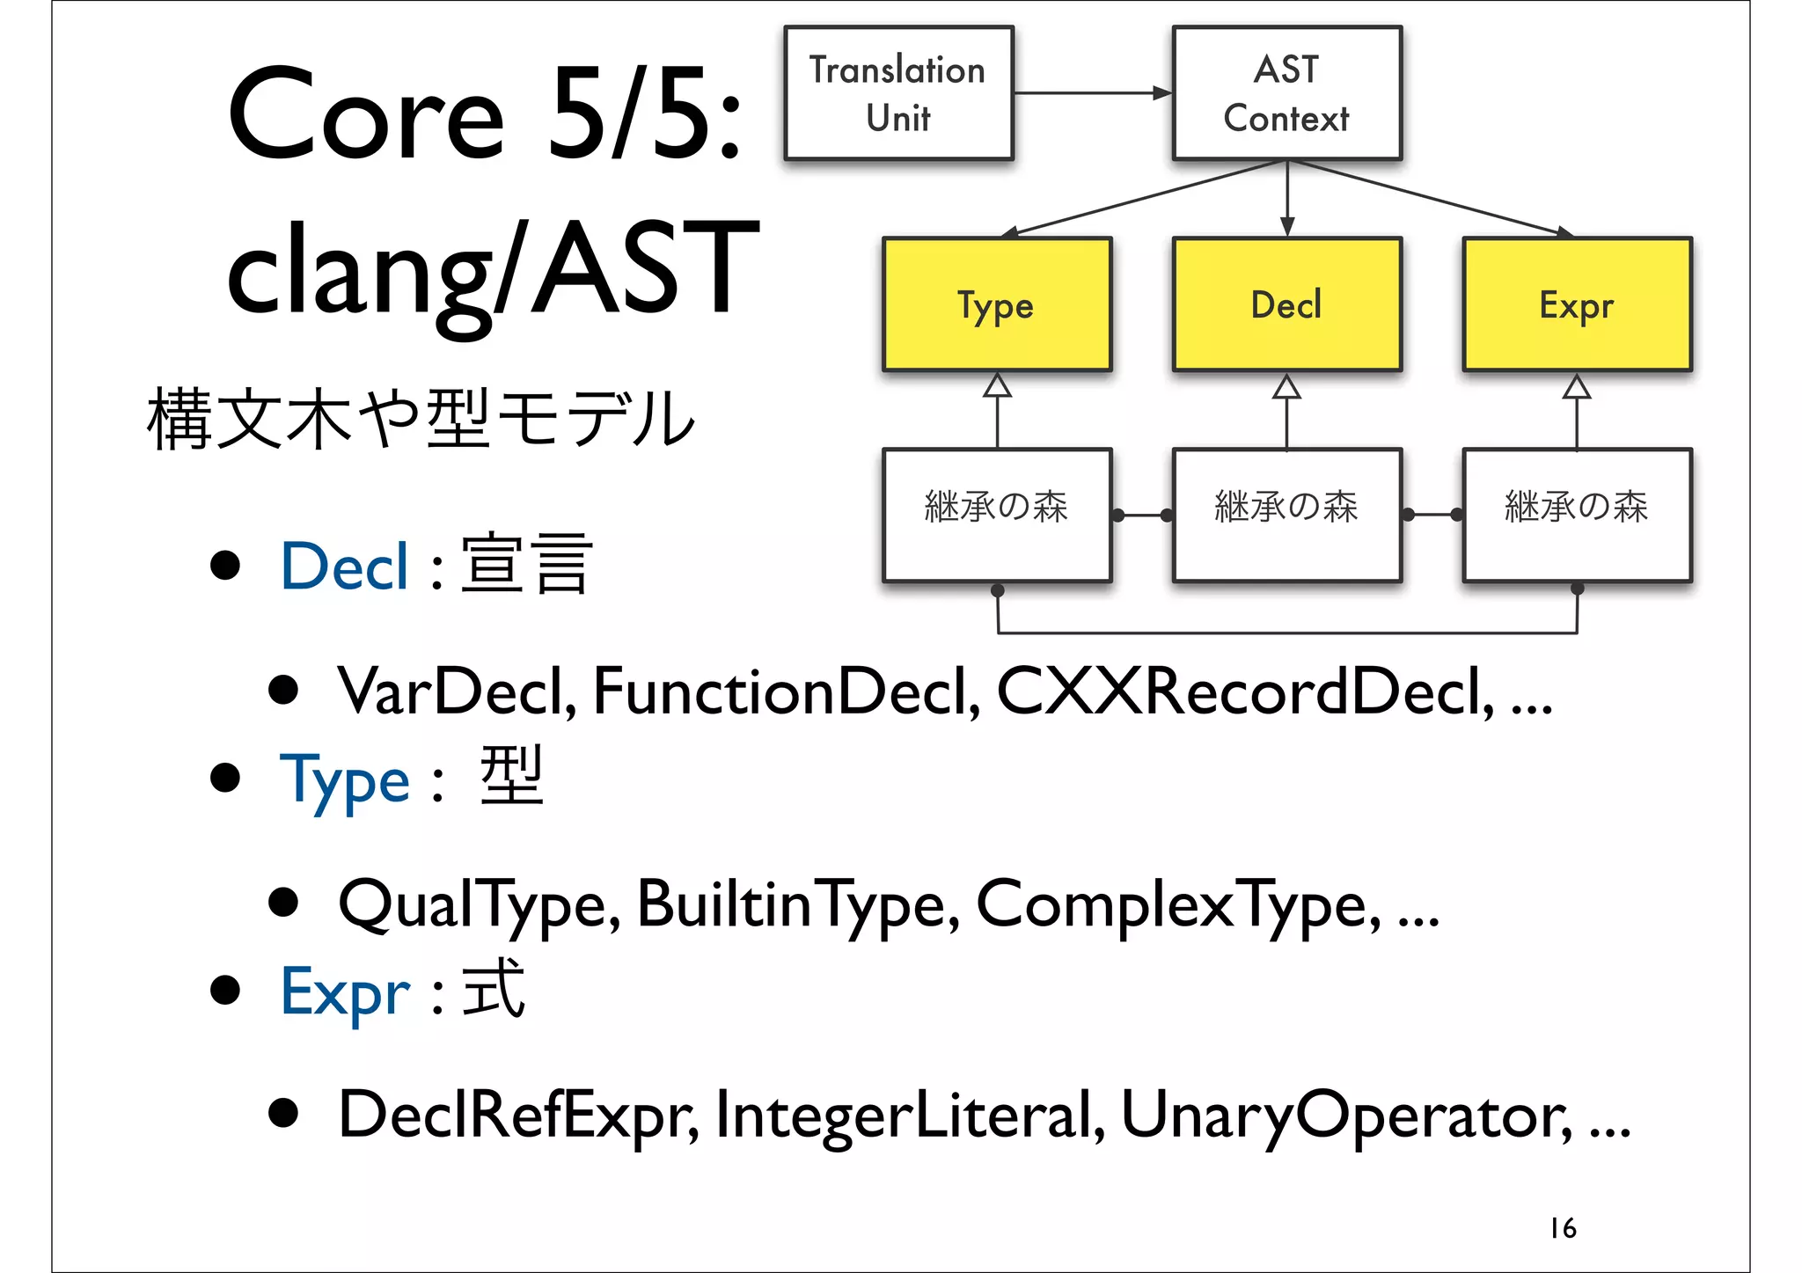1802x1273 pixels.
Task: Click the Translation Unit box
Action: (898, 93)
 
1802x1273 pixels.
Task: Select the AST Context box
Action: (1286, 93)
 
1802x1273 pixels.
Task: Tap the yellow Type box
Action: (997, 304)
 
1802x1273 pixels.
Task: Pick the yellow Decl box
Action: (1286, 304)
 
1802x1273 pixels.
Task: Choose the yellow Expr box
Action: (1577, 304)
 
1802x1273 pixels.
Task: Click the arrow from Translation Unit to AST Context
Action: (1091, 92)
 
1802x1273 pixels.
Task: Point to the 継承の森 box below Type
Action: (997, 516)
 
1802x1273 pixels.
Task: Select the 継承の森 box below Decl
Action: (1286, 516)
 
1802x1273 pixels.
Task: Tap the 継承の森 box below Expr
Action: (1577, 516)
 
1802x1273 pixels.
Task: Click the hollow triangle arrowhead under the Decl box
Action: (1286, 387)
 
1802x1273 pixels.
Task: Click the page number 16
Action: (1563, 1228)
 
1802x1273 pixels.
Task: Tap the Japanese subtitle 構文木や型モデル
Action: (421, 419)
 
